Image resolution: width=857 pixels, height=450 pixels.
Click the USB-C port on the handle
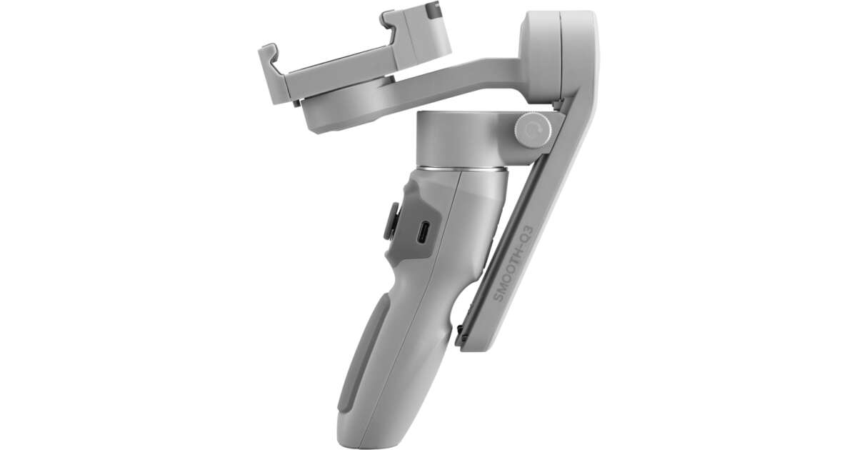pos(425,232)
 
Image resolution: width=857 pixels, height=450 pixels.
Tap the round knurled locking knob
pos(533,130)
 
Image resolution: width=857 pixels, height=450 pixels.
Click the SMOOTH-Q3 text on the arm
pos(514,264)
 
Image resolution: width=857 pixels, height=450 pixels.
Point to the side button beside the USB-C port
pos(391,222)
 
